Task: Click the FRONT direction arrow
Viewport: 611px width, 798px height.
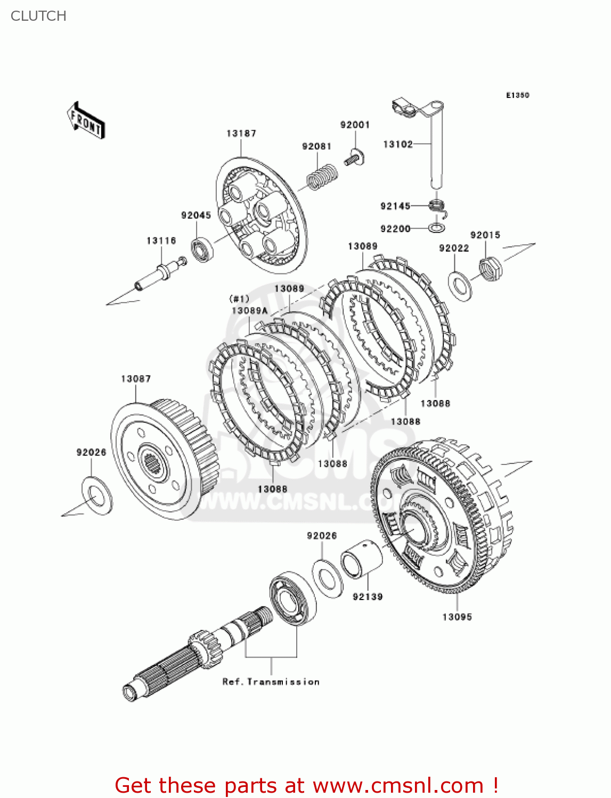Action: click(86, 120)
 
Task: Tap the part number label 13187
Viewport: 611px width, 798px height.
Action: click(241, 134)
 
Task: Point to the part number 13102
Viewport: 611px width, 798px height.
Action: click(397, 144)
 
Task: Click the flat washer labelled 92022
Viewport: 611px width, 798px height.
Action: click(460, 285)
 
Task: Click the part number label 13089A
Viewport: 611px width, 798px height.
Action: click(249, 311)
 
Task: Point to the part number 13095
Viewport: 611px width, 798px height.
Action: click(457, 617)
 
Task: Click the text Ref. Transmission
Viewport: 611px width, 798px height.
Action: click(271, 682)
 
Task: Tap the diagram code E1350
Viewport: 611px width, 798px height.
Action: click(517, 95)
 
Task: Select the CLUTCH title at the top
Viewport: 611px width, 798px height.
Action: click(38, 16)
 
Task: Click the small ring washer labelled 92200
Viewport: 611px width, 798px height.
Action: click(437, 228)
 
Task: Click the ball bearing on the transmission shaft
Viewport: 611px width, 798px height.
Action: click(292, 598)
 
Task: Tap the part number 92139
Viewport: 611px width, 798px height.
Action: click(368, 597)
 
